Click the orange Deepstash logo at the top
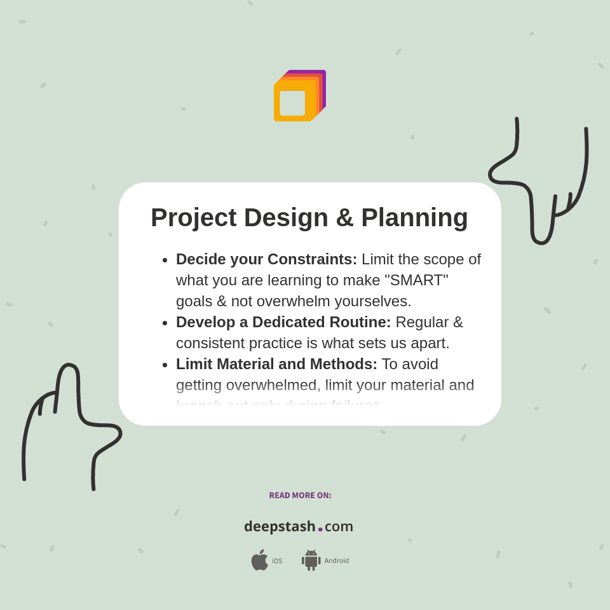pyautogui.click(x=299, y=97)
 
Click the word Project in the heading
pyautogui.click(x=193, y=217)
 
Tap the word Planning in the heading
pyautogui.click(x=414, y=217)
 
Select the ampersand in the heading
pyautogui.click(x=344, y=217)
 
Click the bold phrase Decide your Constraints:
pyautogui.click(x=266, y=259)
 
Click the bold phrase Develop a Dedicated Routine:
pyautogui.click(x=283, y=322)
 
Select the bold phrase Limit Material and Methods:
pyautogui.click(x=276, y=364)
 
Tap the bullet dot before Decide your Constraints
pyautogui.click(x=165, y=261)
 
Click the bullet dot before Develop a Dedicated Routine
pyautogui.click(x=165, y=323)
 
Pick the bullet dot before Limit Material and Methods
pyautogui.click(x=165, y=365)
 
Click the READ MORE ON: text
pyautogui.click(x=300, y=496)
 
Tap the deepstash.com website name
pyautogui.click(x=299, y=527)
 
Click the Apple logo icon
pyautogui.click(x=259, y=560)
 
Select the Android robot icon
pyautogui.click(x=311, y=560)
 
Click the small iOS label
pyautogui.click(x=277, y=561)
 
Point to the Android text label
pyautogui.click(x=337, y=561)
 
